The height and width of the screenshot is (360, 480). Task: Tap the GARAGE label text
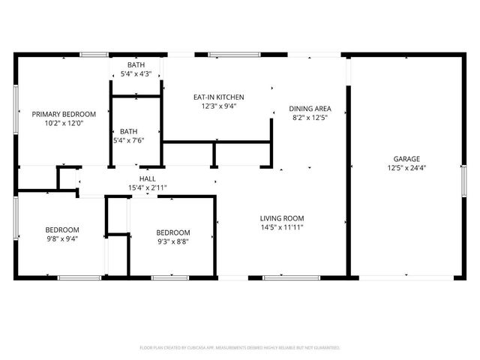tap(407, 158)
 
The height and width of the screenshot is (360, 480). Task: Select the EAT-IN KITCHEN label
tap(219, 97)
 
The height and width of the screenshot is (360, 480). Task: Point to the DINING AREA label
tap(310, 108)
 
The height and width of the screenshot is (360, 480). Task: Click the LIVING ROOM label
tap(282, 218)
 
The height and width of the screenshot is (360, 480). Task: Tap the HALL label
tap(147, 178)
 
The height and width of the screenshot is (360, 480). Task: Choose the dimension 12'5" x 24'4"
tap(407, 168)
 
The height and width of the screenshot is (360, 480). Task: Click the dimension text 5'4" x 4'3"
tap(136, 73)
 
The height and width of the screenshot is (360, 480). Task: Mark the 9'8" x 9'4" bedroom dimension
tap(61, 239)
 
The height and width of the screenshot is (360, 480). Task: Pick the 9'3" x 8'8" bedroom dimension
tap(173, 242)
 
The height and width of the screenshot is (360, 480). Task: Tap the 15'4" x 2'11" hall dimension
tap(147, 187)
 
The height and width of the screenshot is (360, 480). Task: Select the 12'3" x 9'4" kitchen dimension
tap(219, 106)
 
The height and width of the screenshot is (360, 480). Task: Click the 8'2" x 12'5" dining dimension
tap(310, 117)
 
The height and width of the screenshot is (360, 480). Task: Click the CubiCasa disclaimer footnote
tap(240, 348)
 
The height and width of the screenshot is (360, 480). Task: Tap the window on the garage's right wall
tap(463, 184)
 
